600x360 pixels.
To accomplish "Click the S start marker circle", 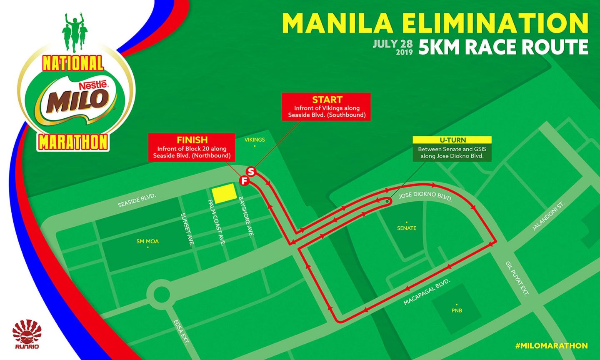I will tap(251, 171).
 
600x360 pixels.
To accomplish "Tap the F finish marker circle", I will tap(244, 181).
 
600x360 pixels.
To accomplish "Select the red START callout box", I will tap(327, 107).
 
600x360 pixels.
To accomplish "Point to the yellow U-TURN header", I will tap(452, 140).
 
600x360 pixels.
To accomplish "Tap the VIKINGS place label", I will tap(255, 140).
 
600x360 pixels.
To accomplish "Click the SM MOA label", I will tap(147, 241).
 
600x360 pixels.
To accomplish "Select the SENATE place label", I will tap(407, 228).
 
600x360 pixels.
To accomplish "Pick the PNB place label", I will tap(457, 310).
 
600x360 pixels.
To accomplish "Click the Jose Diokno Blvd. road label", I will tap(425, 196).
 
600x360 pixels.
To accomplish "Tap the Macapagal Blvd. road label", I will tap(427, 292).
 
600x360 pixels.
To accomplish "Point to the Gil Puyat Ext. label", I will tap(517, 279).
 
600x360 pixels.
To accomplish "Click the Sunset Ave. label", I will tap(186, 230).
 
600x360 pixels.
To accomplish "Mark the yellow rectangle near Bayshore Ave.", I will tap(224, 193).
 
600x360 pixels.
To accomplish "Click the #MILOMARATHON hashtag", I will tap(551, 346).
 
